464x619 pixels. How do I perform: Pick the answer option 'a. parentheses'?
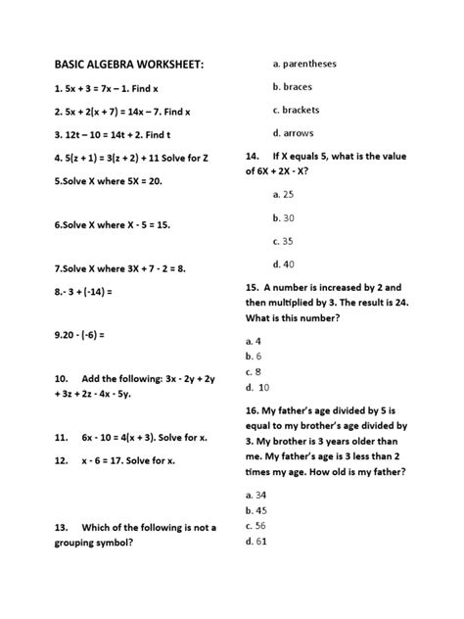pyautogui.click(x=303, y=64)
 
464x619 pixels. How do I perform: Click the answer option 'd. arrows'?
pyautogui.click(x=292, y=133)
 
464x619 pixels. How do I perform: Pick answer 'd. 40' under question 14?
pyautogui.click(x=285, y=263)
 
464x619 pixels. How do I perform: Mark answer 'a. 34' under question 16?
pyautogui.click(x=255, y=496)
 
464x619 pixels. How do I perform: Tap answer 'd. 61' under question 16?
pyautogui.click(x=255, y=541)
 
